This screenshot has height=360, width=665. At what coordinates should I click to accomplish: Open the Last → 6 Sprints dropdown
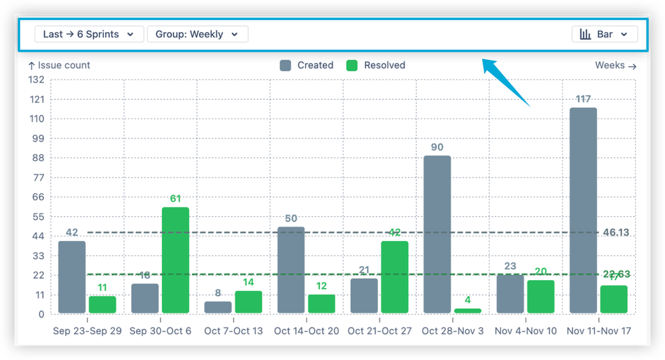point(89,34)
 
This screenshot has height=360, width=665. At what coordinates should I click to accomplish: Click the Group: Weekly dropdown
point(197,34)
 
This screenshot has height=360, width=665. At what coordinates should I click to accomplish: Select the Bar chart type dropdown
point(604,34)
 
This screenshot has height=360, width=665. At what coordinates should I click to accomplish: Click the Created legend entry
point(306,65)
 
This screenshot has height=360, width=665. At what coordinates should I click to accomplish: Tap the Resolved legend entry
point(376,65)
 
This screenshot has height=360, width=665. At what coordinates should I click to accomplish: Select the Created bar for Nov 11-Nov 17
point(583,210)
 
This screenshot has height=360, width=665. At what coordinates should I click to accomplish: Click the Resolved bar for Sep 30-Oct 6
point(175,260)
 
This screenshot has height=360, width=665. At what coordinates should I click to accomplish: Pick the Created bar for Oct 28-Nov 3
point(437,234)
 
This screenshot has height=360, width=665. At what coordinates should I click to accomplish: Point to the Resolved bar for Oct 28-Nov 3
point(467,311)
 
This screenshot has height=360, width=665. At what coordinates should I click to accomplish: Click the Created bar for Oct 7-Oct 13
point(218,307)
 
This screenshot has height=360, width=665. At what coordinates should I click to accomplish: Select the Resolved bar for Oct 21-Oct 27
point(395,277)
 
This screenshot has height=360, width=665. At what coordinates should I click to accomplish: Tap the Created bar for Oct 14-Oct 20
point(291,270)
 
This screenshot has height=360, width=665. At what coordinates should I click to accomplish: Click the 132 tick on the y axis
point(36,80)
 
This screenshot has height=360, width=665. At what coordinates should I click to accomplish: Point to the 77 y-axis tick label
point(38,178)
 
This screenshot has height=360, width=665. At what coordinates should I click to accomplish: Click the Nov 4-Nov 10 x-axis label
point(525,331)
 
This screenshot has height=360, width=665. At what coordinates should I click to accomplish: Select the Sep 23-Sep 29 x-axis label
point(87,331)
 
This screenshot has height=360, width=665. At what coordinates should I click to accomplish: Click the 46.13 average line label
point(616,232)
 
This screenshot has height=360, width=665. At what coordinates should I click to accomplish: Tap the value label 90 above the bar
point(437,147)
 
